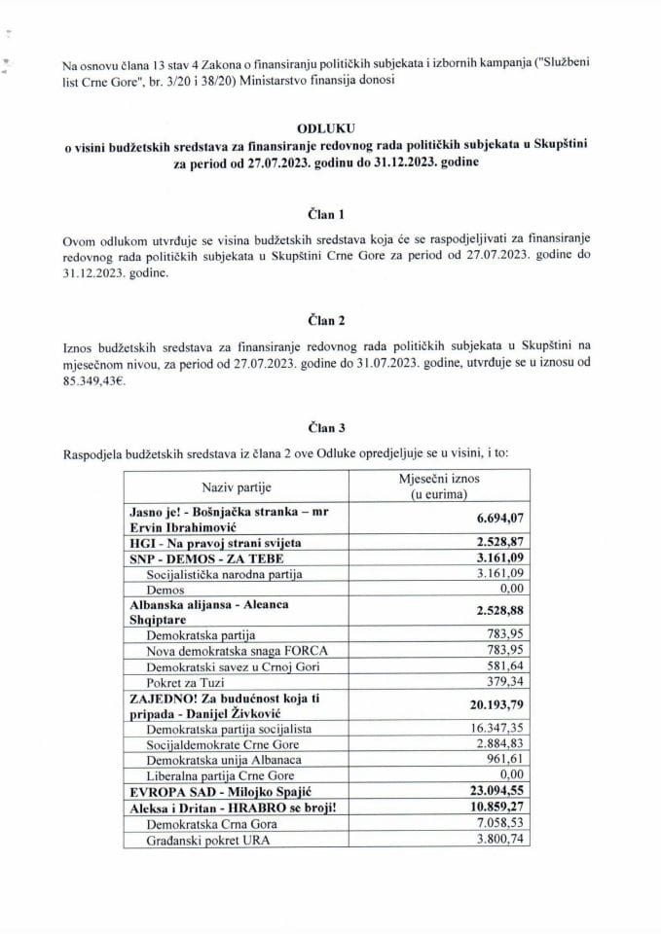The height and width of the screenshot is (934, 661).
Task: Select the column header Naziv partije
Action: pos(235,486)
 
